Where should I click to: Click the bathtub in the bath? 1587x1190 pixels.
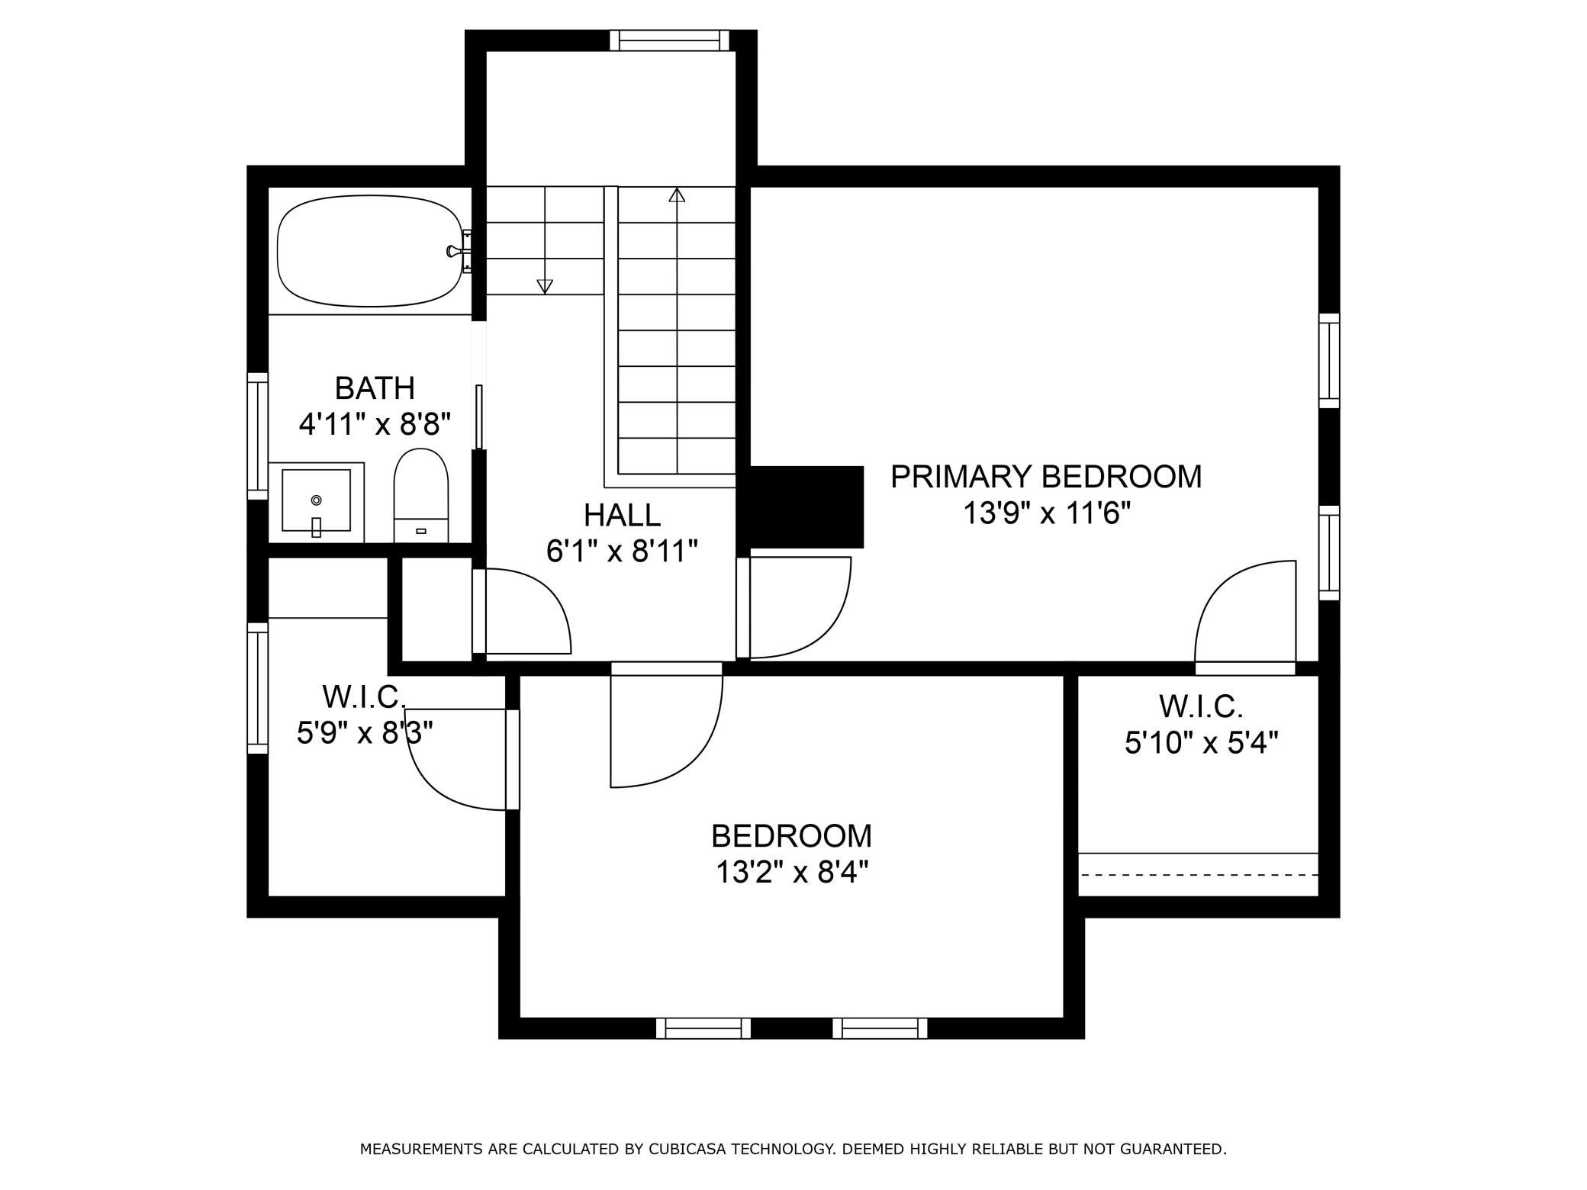click(371, 251)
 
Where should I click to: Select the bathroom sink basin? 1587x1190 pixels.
click(316, 500)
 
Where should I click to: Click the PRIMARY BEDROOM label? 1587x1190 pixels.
click(1045, 477)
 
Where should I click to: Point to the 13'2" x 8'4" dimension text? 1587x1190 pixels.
click(791, 872)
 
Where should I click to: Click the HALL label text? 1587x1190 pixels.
click(622, 515)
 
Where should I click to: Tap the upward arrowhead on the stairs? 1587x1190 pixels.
click(677, 195)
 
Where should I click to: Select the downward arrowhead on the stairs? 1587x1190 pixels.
click(545, 286)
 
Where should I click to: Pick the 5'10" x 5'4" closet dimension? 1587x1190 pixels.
click(1201, 742)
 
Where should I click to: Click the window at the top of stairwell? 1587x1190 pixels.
click(669, 40)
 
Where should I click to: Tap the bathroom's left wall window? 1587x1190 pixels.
click(258, 436)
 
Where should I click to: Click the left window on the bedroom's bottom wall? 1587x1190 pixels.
click(703, 1028)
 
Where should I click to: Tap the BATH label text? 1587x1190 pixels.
click(375, 388)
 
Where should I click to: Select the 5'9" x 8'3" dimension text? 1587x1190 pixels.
click(365, 734)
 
